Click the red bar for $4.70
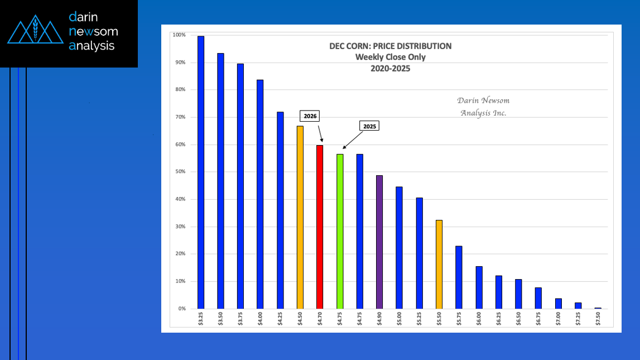pos(320,227)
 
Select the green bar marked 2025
pos(340,231)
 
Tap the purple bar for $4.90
pos(379,242)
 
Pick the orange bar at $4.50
pos(300,217)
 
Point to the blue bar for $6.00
pos(479,287)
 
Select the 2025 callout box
pos(369,126)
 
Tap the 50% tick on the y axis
pos(179,172)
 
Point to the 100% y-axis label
pos(179,35)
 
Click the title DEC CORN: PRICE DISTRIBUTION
pos(390,46)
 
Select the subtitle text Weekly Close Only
pos(390,57)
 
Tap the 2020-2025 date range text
pos(390,68)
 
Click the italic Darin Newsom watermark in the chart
pos(483,100)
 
